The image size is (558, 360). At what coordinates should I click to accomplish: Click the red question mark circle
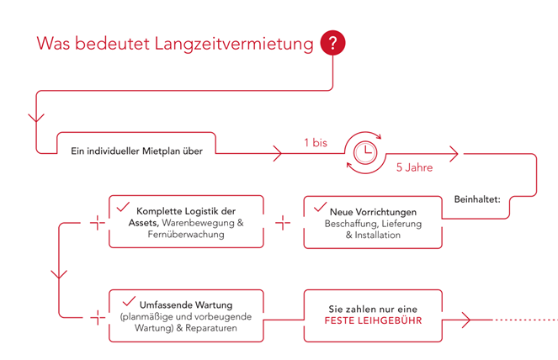332,43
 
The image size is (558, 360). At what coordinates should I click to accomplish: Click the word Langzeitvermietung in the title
234,44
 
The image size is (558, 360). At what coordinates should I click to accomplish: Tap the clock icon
364,152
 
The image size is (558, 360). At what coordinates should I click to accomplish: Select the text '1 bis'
316,143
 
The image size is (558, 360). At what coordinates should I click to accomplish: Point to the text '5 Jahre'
415,167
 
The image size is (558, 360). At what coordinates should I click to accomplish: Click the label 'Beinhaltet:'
477,199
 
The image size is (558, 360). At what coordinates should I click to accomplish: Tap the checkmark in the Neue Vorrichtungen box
320,207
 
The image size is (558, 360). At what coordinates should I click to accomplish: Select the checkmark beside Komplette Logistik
123,207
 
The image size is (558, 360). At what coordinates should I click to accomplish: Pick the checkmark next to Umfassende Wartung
129,301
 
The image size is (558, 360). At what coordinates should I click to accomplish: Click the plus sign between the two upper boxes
283,223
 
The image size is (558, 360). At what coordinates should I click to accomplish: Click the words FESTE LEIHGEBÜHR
373,320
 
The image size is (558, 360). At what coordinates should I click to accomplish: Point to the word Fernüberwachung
186,235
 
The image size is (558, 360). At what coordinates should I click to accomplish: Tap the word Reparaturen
211,328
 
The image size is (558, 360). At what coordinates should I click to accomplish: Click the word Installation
378,236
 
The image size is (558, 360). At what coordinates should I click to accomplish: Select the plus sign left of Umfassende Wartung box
98,317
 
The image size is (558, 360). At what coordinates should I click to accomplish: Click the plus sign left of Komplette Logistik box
98,223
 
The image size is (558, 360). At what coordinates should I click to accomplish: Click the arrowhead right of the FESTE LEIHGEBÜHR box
466,320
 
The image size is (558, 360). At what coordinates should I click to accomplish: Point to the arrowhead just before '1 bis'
278,153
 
